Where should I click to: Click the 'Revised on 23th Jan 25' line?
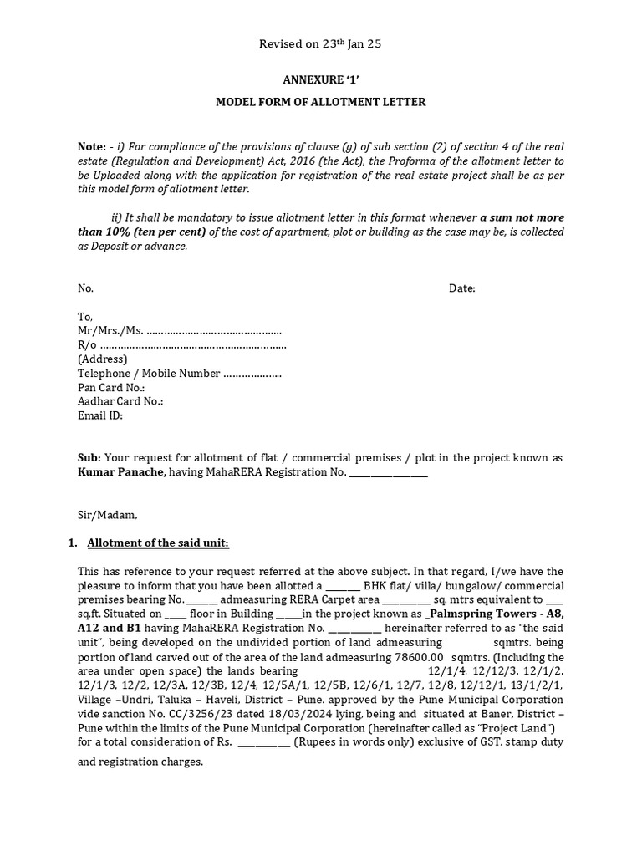(320, 44)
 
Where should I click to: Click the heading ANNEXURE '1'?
(320, 81)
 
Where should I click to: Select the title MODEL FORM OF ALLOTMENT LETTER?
(321, 102)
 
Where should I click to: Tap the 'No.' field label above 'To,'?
(85, 288)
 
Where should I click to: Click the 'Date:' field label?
(462, 288)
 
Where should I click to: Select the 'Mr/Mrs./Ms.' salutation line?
(179, 331)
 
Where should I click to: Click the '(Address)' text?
(102, 359)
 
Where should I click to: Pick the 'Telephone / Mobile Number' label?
(149, 374)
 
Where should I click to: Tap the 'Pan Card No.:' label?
(111, 388)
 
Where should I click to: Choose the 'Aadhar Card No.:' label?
(120, 401)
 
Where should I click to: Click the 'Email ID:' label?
(99, 415)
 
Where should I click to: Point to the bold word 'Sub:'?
(89, 458)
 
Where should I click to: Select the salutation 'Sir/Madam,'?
(107, 515)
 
